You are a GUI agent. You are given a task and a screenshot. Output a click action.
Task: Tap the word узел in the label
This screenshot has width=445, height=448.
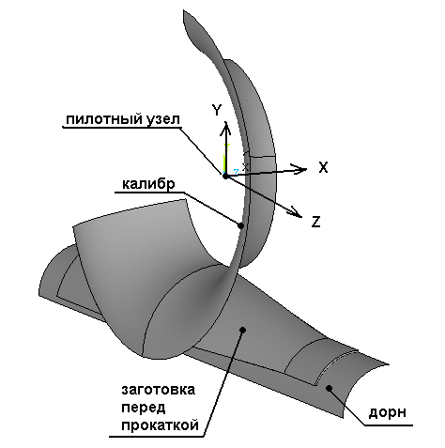(x=162, y=119)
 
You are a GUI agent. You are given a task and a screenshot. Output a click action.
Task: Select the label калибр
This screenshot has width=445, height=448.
(x=148, y=184)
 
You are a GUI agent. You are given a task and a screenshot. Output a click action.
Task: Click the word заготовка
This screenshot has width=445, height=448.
(x=159, y=390)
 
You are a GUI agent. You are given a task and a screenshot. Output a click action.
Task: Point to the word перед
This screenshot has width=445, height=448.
(x=144, y=409)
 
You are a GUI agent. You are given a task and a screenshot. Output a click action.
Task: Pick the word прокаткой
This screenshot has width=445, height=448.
(x=161, y=425)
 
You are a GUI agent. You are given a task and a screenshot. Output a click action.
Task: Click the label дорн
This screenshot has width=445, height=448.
(x=388, y=413)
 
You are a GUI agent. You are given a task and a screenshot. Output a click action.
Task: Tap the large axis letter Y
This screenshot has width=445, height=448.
(x=217, y=110)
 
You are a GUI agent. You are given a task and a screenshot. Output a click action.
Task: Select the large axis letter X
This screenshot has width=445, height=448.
(x=323, y=167)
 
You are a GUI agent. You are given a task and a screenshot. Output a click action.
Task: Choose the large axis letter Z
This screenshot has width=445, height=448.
(x=316, y=222)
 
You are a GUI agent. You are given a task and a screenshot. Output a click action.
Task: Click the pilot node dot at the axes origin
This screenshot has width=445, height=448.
(x=225, y=177)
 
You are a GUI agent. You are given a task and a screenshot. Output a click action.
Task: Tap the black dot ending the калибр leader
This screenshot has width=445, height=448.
(x=240, y=225)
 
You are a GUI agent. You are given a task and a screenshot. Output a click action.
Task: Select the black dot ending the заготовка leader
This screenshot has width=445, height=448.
(x=242, y=330)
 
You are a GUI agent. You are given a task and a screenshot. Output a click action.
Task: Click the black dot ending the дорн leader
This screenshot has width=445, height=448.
(x=329, y=389)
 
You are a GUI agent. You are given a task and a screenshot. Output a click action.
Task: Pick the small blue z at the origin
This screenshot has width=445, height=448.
(x=236, y=172)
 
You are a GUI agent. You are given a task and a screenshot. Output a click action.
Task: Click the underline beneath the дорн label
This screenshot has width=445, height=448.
(x=389, y=425)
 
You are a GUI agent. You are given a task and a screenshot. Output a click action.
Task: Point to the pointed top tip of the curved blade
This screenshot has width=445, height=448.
(x=184, y=10)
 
